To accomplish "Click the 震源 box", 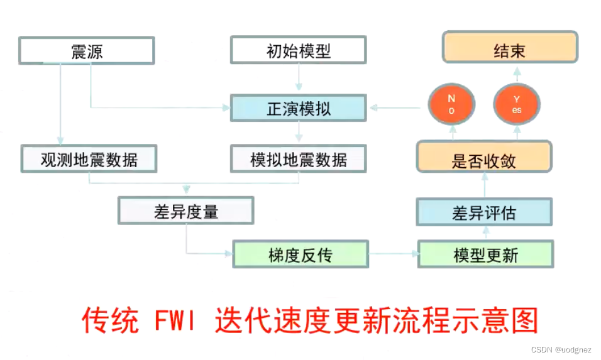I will [x=87, y=51].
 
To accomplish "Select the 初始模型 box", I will [x=298, y=51].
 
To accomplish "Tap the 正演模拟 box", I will [x=298, y=108].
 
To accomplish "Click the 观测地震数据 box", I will [x=89, y=160].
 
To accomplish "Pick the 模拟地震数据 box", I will [x=298, y=160].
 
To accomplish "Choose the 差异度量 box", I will [x=185, y=211].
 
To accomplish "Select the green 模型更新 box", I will [x=485, y=254].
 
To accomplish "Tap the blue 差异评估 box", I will [x=484, y=212].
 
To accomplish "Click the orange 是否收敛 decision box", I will [x=484, y=160].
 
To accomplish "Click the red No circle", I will [x=451, y=104].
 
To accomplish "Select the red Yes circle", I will [x=517, y=104].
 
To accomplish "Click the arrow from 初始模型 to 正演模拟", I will [x=298, y=79].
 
